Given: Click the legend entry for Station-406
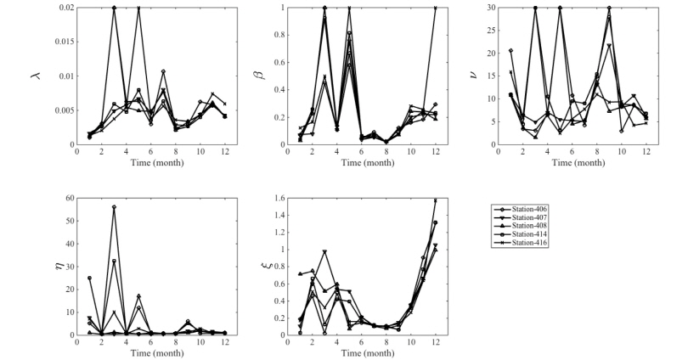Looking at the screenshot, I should [528, 209].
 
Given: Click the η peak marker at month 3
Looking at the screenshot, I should [114, 207].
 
